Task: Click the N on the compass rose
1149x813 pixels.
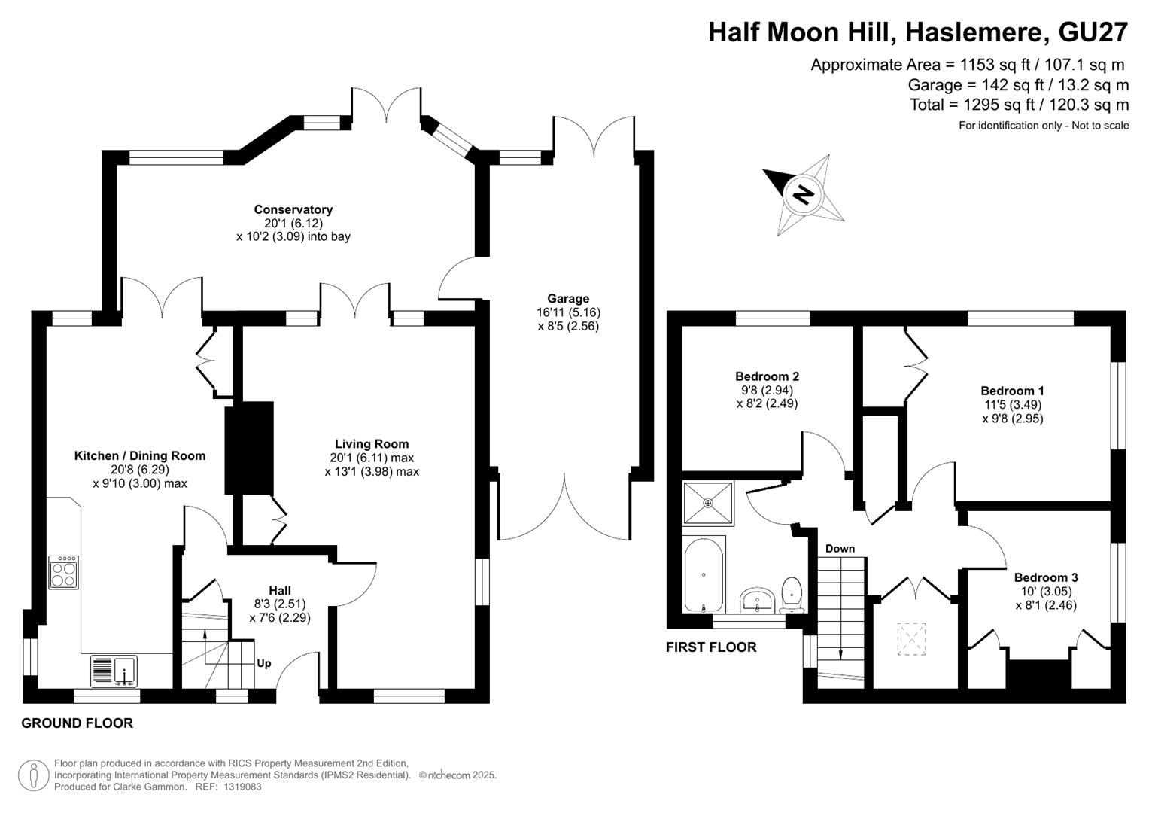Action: click(x=804, y=194)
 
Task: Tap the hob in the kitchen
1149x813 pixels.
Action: click(x=64, y=572)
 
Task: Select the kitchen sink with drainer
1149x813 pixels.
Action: click(x=114, y=671)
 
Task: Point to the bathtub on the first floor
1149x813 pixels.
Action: click(x=704, y=574)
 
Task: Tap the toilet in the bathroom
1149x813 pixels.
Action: click(x=792, y=595)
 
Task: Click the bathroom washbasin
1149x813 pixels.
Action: click(x=757, y=601)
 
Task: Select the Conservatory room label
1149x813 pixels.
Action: click(x=293, y=209)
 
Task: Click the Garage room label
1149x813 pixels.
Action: click(x=568, y=298)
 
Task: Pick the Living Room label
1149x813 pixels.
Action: click(x=372, y=444)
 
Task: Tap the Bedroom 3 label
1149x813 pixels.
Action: click(x=1046, y=577)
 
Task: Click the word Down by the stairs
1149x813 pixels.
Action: click(x=840, y=549)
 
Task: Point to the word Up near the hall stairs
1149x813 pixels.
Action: click(x=263, y=664)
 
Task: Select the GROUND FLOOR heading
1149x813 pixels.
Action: click(x=77, y=723)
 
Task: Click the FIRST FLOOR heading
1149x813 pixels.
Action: click(x=711, y=647)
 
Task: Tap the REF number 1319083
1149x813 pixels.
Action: click(x=242, y=787)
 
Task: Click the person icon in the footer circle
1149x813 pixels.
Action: click(x=34, y=775)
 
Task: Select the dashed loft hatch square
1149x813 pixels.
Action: click(x=911, y=638)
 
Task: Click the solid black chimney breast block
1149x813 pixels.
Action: click(x=249, y=448)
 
